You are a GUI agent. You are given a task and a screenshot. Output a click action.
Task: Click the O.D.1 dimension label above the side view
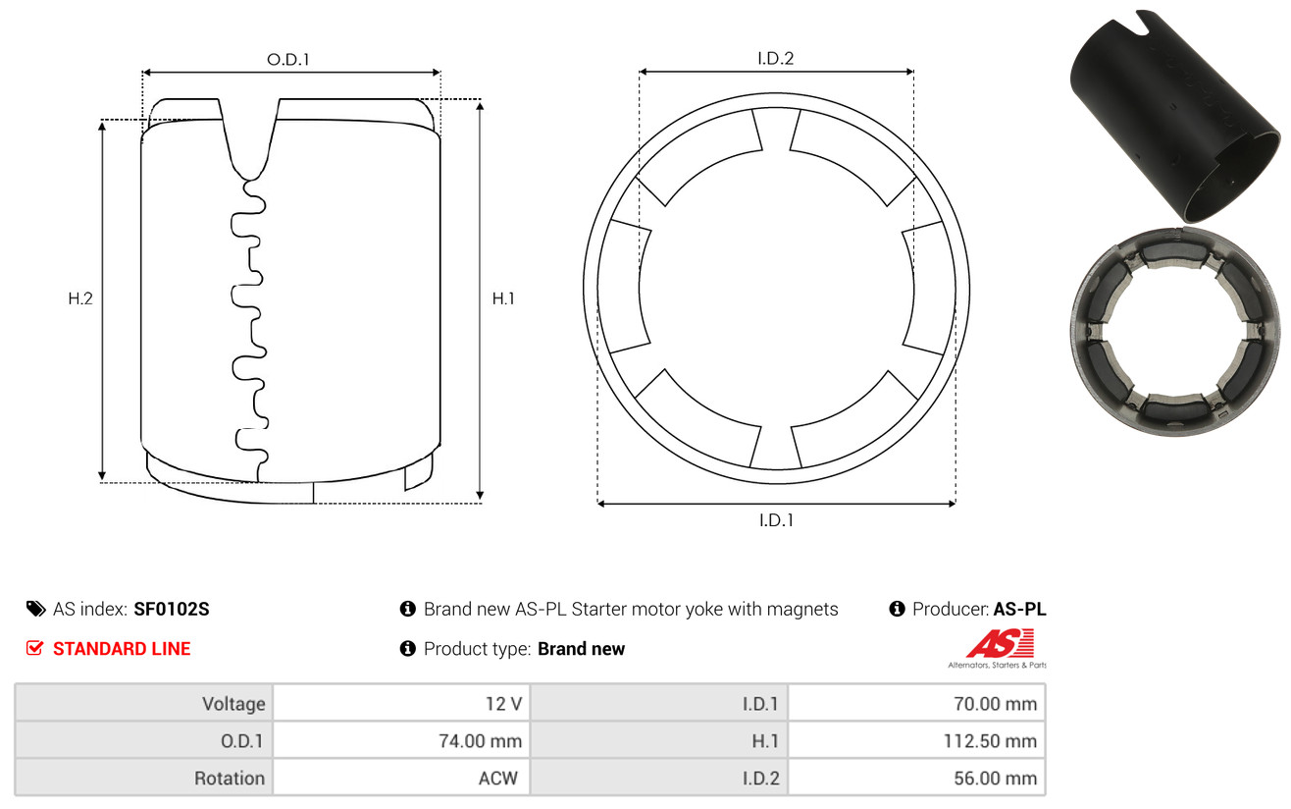point(288,59)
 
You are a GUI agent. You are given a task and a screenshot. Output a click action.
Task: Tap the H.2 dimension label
point(80,298)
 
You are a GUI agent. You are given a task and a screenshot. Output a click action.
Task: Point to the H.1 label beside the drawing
point(503,298)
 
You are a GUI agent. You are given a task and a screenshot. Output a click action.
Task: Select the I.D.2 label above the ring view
point(775,58)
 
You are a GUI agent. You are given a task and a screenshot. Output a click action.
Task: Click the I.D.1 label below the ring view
point(776,520)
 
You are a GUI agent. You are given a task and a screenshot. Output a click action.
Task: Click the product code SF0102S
point(172,609)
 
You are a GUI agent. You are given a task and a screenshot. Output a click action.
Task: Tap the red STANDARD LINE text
point(122,649)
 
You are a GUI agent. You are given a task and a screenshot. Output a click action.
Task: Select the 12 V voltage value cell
point(401,703)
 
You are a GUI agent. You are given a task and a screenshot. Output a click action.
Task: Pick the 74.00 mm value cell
point(401,740)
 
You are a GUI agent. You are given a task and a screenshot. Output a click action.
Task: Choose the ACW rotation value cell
point(401,778)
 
